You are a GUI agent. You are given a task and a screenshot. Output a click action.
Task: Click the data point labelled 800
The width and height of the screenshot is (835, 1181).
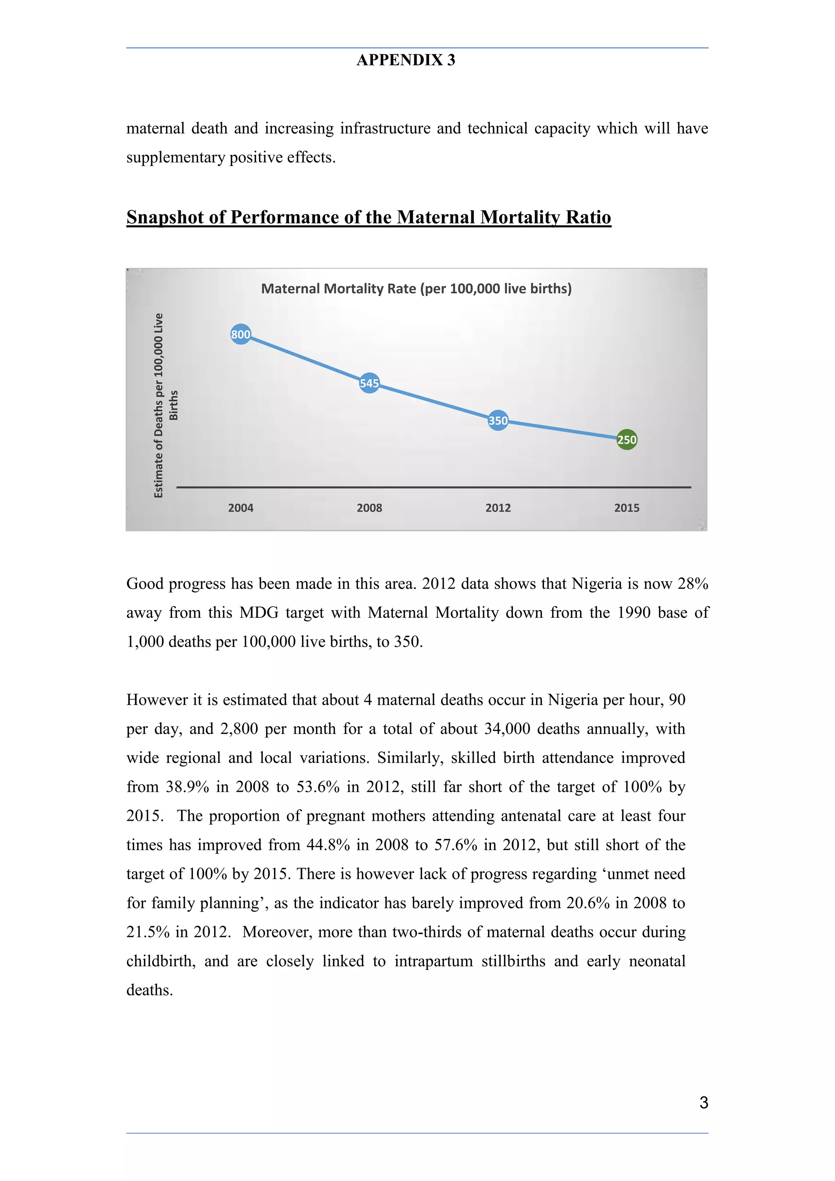(x=240, y=334)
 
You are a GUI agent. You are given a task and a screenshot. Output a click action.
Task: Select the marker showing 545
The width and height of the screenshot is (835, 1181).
(x=369, y=383)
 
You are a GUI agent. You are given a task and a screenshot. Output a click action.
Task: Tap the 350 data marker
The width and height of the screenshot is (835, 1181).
(x=497, y=421)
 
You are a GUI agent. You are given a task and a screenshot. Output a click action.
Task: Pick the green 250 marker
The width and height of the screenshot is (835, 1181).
(x=627, y=440)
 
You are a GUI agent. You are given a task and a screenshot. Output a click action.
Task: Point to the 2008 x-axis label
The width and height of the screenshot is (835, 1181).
(x=369, y=508)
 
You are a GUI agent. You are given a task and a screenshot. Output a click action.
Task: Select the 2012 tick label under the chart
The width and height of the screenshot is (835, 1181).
(x=497, y=508)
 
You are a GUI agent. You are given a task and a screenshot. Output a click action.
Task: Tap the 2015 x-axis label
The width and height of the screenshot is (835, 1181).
(x=627, y=508)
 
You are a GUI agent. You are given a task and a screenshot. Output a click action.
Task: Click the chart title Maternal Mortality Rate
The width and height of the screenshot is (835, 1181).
(x=416, y=289)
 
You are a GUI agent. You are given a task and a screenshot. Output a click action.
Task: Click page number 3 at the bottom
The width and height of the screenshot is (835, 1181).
(x=703, y=1102)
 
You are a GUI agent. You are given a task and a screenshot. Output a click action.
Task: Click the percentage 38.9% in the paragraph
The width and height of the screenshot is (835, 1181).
(x=187, y=787)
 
